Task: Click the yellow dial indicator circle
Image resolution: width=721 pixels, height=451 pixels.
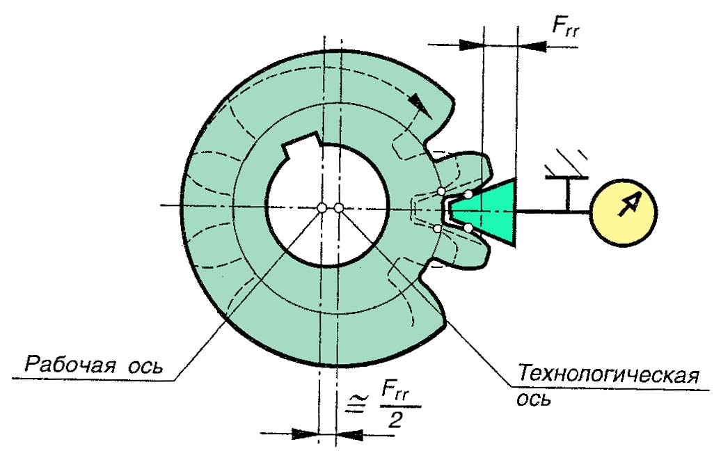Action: pos(624,211)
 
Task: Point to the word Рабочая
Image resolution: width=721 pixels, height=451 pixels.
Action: pos(70,365)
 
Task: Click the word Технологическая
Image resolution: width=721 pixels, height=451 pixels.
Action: pos(607,376)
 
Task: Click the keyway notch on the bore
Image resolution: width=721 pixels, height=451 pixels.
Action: pos(301,148)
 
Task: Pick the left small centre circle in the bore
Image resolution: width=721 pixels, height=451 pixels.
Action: pos(322,207)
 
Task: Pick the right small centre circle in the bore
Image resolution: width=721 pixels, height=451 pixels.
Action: pos(338,207)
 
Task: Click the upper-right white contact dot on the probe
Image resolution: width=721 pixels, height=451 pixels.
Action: pos(470,194)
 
